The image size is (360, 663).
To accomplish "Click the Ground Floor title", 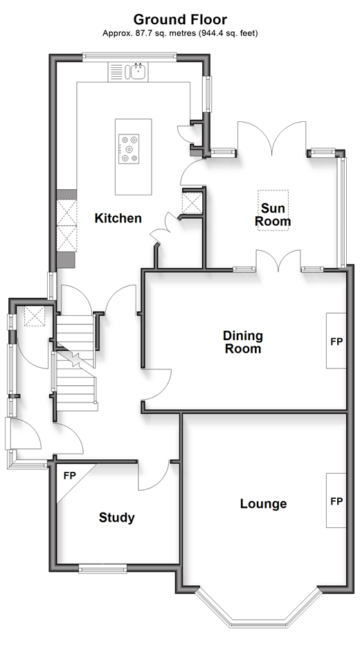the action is click(180, 19).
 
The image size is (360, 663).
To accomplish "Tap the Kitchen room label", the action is click(118, 218).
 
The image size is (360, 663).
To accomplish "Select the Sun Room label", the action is click(273, 215).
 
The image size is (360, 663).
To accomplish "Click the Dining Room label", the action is click(243, 342).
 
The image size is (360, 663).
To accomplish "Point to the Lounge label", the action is click(263, 504).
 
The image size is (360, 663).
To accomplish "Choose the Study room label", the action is click(116, 518).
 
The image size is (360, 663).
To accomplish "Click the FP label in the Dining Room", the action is click(336, 342).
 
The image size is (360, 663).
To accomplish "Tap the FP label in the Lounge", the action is click(336, 502).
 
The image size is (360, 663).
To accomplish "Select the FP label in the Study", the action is click(70, 476).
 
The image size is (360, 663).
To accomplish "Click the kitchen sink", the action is click(138, 71).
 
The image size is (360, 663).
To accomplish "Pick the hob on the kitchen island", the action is click(129, 148).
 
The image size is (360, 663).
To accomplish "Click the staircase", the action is click(75, 362).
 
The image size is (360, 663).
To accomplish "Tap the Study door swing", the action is click(154, 477).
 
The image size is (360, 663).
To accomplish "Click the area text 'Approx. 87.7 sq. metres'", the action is click(149, 33).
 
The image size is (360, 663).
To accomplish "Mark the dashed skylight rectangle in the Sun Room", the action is click(273, 210).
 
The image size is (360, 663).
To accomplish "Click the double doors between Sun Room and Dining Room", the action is click(278, 260).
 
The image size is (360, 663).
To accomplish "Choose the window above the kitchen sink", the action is click(129, 57).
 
